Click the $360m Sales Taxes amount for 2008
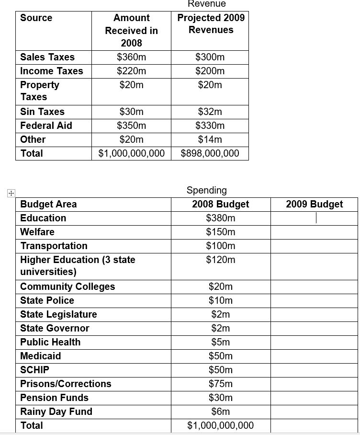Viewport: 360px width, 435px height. [x=132, y=57]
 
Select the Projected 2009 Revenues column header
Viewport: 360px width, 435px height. [x=211, y=23]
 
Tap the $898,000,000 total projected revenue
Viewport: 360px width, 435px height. [x=210, y=153]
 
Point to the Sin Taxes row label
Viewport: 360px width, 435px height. [x=42, y=112]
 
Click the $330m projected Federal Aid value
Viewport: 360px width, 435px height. [x=210, y=126]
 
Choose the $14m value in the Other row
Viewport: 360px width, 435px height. [x=210, y=139]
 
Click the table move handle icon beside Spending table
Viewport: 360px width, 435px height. [x=11, y=193]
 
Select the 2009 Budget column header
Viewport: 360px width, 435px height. [x=315, y=204]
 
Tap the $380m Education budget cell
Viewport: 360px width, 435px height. [x=221, y=218]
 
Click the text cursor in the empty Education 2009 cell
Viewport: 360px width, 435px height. [x=316, y=218]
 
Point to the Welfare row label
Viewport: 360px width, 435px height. [x=37, y=232]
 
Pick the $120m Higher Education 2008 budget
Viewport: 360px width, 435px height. [x=221, y=260]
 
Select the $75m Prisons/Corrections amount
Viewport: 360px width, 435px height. [x=221, y=384]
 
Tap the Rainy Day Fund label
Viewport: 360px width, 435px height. [x=56, y=412]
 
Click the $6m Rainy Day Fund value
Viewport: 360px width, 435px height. [x=221, y=412]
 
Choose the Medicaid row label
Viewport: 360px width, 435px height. [x=41, y=356]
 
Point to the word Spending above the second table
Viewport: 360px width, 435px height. [x=206, y=190]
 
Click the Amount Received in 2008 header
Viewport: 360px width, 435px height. [x=132, y=30]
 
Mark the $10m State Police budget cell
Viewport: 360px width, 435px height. [x=221, y=300]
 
